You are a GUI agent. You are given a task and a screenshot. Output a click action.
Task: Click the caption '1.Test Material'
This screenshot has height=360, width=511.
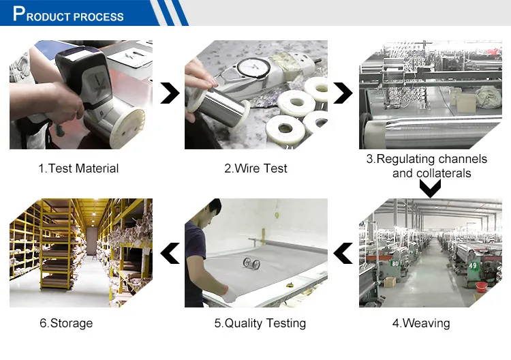[x=78, y=168]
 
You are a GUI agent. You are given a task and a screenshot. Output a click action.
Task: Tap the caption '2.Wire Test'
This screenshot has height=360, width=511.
[x=255, y=168]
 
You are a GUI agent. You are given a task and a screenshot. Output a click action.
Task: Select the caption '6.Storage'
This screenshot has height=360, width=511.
[x=66, y=323]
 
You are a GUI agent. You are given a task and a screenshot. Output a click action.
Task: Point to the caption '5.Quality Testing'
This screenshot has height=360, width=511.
[x=260, y=323]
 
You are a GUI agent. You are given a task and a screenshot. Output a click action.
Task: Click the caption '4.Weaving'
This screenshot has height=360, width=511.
[x=421, y=323]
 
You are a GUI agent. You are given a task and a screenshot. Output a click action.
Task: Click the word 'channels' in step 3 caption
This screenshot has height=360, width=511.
[x=463, y=159]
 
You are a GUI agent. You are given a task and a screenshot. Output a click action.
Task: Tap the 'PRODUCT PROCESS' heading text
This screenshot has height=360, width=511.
[x=68, y=14]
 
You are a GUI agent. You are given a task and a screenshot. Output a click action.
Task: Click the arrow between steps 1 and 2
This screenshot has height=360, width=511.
[x=170, y=93]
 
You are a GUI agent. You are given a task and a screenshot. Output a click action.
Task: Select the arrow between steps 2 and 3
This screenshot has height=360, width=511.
[x=343, y=93]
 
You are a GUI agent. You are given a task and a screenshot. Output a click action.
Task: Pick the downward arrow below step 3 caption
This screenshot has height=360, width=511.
[x=430, y=189]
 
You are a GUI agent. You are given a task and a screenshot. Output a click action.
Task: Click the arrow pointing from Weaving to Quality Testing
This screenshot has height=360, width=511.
[x=343, y=253]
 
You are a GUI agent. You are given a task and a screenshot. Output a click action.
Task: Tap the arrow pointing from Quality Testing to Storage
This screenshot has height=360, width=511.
[x=170, y=253]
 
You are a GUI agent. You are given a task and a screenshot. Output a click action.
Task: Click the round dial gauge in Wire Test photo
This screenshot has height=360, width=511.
[x=253, y=67]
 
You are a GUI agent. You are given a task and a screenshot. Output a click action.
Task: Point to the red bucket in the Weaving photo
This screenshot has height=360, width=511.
[x=482, y=286]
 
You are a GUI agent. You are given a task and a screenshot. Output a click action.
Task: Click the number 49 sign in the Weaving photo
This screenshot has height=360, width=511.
[x=473, y=266]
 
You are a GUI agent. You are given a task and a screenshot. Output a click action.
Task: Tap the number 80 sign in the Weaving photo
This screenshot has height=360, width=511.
[x=394, y=263]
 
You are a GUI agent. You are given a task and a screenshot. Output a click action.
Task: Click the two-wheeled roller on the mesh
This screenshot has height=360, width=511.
[x=251, y=263]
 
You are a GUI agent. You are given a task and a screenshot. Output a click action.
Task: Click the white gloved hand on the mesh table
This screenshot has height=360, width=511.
[x=231, y=295]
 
